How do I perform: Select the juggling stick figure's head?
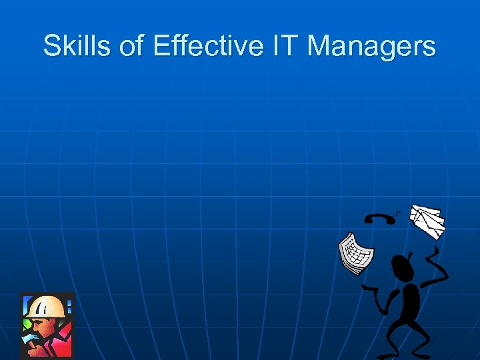click(x=403, y=267)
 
